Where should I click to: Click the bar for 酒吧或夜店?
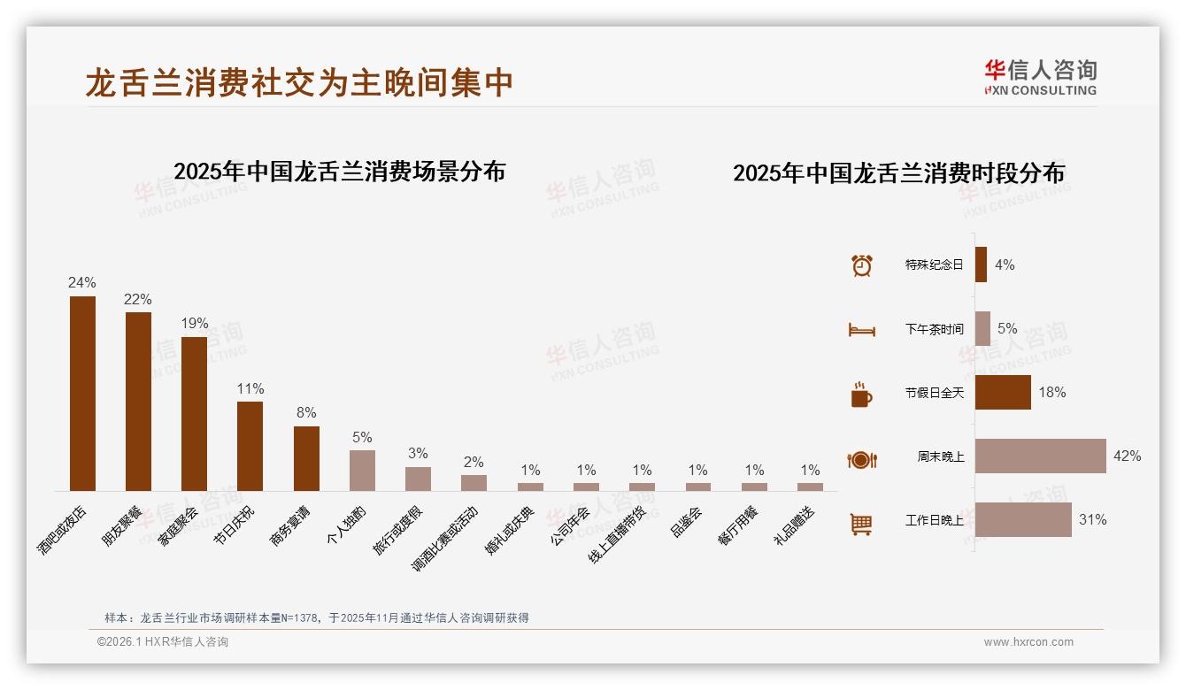point(82,394)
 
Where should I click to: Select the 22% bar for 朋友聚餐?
point(138,402)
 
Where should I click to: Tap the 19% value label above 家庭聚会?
point(194,323)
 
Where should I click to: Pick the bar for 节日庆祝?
point(250,446)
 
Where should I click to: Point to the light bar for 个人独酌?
point(362,471)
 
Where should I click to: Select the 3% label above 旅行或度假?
point(418,453)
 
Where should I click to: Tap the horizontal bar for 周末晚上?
point(1040,456)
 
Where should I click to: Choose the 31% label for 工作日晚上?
point(1092,520)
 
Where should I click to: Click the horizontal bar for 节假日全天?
point(1003,393)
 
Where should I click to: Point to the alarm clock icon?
point(861,265)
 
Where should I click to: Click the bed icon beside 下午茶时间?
point(861,330)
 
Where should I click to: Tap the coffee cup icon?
point(861,395)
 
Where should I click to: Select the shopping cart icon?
point(861,524)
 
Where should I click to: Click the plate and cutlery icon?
point(861,460)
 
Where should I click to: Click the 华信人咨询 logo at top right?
point(1040,76)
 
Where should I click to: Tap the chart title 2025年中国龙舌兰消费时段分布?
point(898,172)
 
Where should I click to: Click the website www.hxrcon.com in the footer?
point(1028,642)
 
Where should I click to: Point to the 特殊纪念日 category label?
point(934,264)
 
